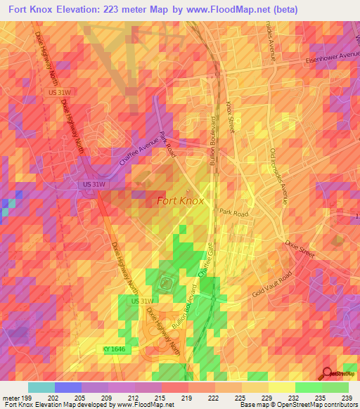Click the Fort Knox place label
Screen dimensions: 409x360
click(180, 200)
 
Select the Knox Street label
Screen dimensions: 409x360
click(231, 117)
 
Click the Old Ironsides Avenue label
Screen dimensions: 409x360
click(278, 176)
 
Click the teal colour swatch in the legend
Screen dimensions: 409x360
click(41, 387)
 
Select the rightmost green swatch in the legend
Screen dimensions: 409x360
click(335, 387)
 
